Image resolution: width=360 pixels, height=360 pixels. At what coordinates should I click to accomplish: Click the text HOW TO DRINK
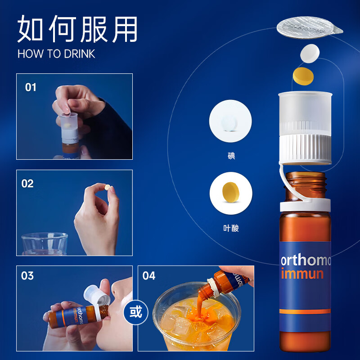(x=56, y=54)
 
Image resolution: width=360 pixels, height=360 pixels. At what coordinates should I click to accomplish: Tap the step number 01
(x=30, y=87)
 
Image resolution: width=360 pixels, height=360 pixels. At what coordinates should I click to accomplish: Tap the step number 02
(x=27, y=184)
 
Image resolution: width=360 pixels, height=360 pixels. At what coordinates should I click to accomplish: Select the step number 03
(x=27, y=275)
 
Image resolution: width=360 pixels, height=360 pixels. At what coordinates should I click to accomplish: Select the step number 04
(x=149, y=275)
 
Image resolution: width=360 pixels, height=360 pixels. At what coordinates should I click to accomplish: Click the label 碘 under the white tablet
(x=231, y=157)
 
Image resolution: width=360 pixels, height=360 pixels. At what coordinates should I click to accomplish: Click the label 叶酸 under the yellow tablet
(x=231, y=228)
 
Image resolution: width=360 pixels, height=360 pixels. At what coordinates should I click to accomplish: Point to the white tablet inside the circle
(x=230, y=122)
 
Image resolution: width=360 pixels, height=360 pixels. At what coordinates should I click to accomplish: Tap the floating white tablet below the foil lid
(x=309, y=54)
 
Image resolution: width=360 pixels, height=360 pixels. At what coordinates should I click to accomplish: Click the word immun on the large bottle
(x=302, y=274)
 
